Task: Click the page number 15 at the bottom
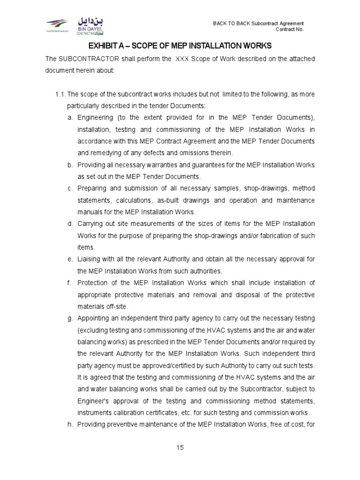pyautogui.click(x=180, y=448)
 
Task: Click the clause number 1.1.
pyautogui.click(x=62, y=95)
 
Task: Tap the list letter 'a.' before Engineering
pyautogui.click(x=70, y=117)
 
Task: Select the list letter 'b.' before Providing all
pyautogui.click(x=70, y=165)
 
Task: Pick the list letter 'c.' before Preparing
pyautogui.click(x=70, y=188)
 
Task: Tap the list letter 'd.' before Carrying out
pyautogui.click(x=70, y=223)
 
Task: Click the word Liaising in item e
pyautogui.click(x=89, y=259)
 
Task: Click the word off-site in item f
pyautogui.click(x=113, y=306)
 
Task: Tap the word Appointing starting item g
pyautogui.click(x=94, y=318)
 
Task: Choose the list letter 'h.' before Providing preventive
pyautogui.click(x=70, y=425)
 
